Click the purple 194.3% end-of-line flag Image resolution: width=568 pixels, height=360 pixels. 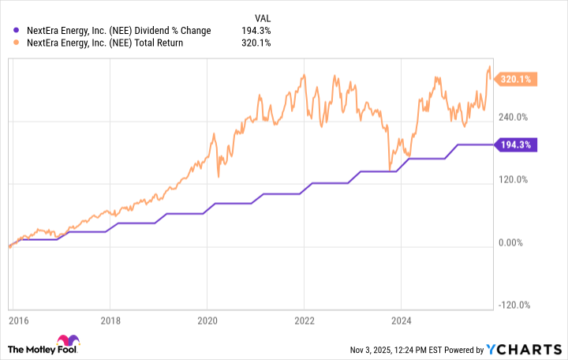point(517,144)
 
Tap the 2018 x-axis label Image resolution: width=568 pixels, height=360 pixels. point(110,322)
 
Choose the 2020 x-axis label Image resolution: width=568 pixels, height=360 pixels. point(207,322)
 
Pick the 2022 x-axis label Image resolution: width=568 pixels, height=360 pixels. point(304,322)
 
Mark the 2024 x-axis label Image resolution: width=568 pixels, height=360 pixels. point(401,322)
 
